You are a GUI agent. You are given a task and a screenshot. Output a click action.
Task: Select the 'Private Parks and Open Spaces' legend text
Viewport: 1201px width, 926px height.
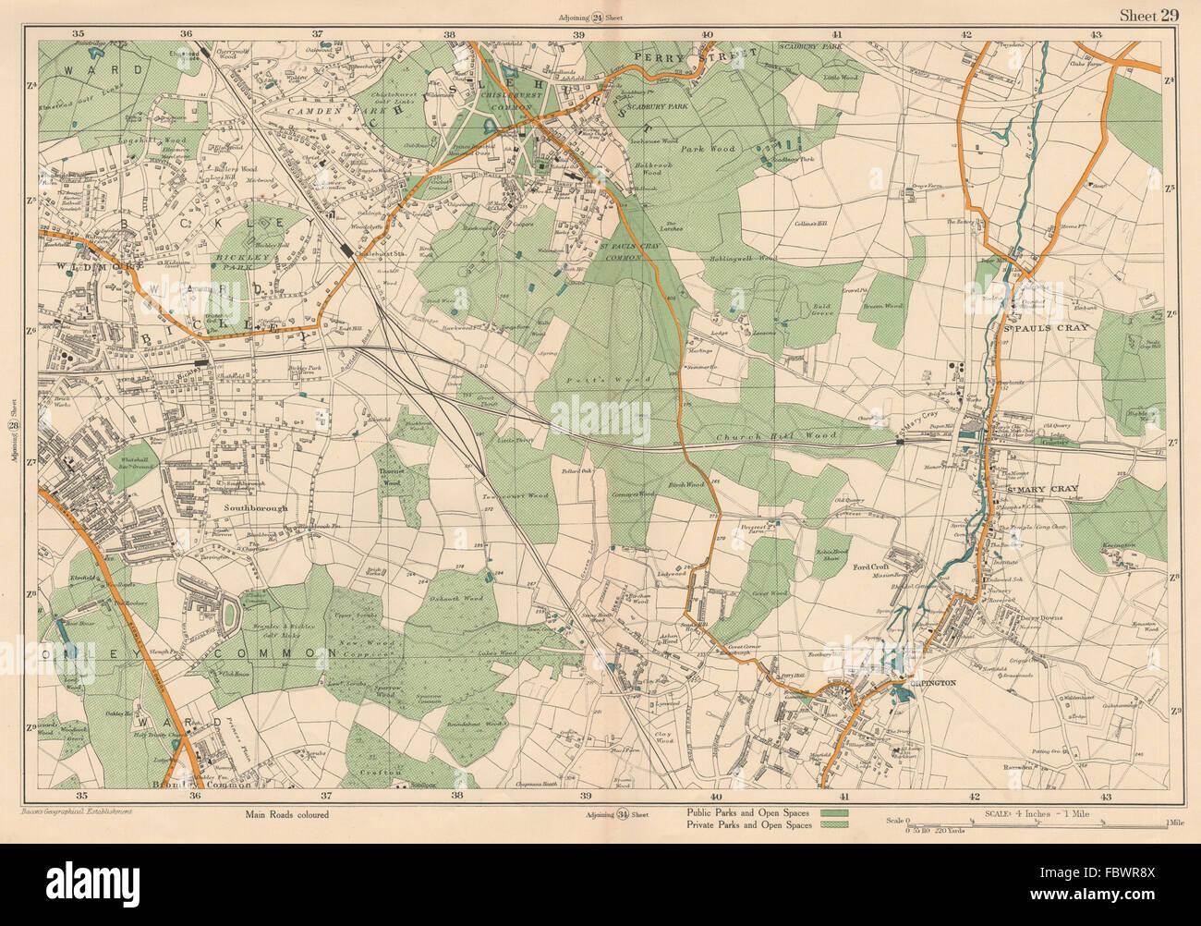tap(748, 824)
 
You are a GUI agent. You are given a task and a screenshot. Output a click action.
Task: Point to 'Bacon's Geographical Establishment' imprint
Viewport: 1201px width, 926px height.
tap(89, 810)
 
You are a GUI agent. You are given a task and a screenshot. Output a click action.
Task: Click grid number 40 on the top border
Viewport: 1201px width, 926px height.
tap(707, 33)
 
